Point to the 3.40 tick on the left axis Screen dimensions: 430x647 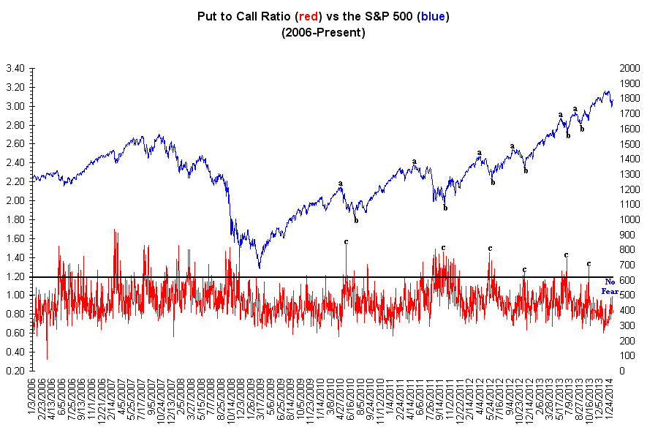(15, 68)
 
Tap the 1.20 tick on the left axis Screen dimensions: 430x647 (15, 276)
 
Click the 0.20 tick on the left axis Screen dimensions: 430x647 (15, 371)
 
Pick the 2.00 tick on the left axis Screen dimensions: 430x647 (15, 200)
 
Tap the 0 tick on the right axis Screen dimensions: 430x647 (622, 371)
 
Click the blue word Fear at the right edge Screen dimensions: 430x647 (610, 291)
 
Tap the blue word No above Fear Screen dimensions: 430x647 (610, 282)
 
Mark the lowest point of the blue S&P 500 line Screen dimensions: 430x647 (258, 268)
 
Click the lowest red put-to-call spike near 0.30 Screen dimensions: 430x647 (47, 359)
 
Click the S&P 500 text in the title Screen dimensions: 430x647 (379, 15)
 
